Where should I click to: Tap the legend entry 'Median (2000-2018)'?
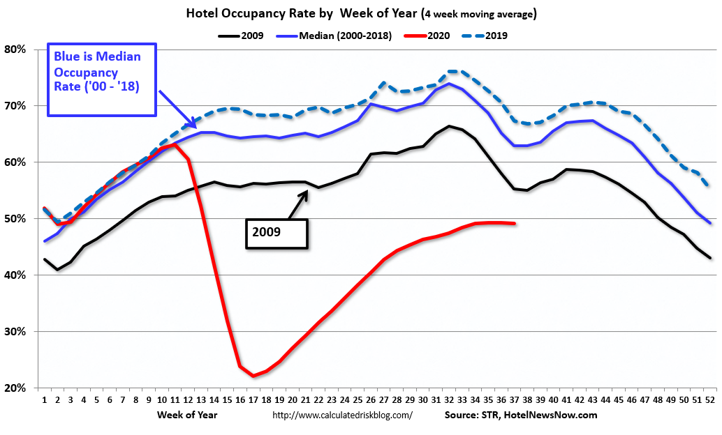[338, 34]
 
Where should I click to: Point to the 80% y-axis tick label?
[15, 49]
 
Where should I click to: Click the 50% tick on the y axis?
[15, 219]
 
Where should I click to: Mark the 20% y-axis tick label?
[15, 388]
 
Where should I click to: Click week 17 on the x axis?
[253, 401]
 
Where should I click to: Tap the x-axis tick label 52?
[710, 401]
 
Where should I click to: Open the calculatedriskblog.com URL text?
[342, 415]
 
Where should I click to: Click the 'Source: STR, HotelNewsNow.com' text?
[521, 415]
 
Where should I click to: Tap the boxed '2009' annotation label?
[276, 231]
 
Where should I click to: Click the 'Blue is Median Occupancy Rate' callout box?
[102, 80]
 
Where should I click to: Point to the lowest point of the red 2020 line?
[253, 376]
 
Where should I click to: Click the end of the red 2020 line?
[515, 224]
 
